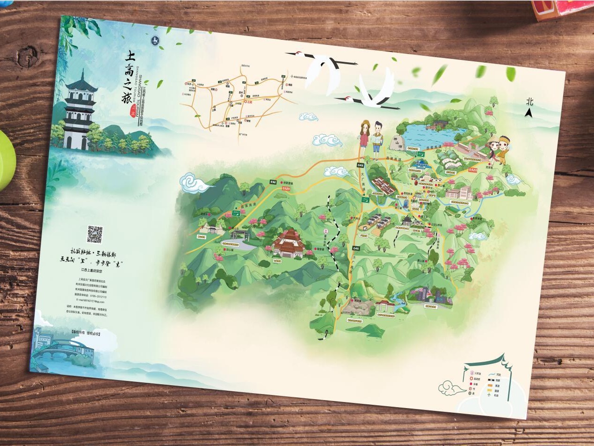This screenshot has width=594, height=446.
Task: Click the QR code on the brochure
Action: [94, 234]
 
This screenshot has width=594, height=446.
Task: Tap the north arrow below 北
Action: [529, 113]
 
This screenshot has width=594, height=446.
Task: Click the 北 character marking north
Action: [529, 101]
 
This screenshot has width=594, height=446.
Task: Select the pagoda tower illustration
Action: [77, 112]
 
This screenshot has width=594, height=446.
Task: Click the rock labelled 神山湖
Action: [397, 144]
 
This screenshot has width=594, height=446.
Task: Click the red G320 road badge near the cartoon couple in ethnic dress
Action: [473, 170]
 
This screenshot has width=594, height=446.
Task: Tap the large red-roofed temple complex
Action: [289, 243]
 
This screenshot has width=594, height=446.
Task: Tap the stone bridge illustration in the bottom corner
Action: [56, 350]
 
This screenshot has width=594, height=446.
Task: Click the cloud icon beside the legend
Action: [450, 386]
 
